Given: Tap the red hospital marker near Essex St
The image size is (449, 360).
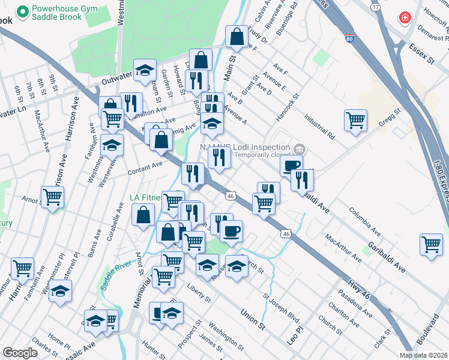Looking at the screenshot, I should [406, 17].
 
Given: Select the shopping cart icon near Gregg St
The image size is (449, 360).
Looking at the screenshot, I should [355, 120].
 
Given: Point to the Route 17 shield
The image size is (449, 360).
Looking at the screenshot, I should [376, 7].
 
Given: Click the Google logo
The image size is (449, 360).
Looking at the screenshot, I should [20, 352].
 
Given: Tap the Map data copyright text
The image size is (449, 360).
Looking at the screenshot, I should [423, 355].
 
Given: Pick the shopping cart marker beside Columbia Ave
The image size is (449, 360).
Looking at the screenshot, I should [432, 244].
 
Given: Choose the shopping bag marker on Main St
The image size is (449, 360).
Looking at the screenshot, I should [237, 37].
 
